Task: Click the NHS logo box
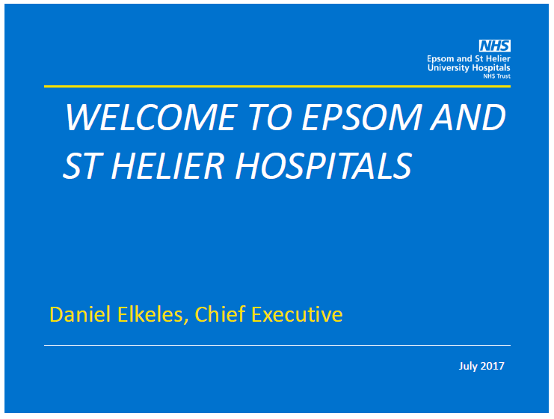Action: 495,46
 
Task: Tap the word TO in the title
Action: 271,117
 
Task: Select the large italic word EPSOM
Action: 362,117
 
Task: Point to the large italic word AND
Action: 468,117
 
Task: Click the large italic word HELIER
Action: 167,165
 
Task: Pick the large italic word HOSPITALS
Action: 323,165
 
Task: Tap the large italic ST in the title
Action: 81,165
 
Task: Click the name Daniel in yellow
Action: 80,314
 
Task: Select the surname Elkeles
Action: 150,314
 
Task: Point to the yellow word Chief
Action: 220,314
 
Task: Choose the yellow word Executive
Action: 297,314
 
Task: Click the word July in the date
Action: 468,366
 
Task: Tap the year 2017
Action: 493,366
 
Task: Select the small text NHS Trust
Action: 496,76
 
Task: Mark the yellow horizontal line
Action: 277,86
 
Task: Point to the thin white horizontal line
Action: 277,345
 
